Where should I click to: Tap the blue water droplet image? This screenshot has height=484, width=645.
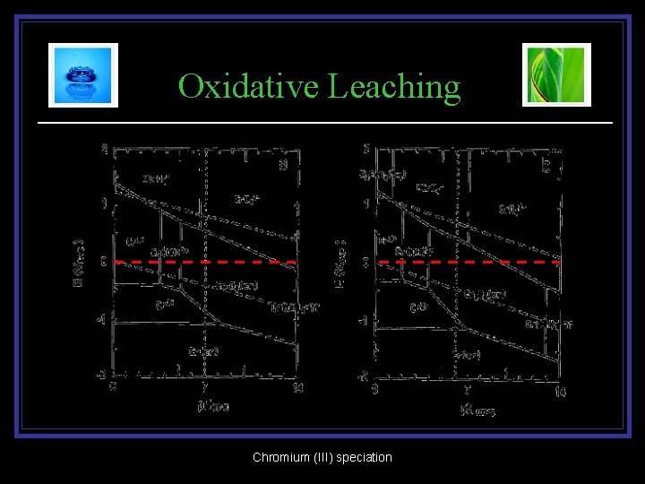pos(83,75)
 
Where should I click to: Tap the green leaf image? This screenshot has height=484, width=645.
pos(556,75)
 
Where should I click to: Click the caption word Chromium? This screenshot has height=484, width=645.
pos(281,458)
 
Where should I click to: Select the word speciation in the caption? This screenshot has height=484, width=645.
pos(363,458)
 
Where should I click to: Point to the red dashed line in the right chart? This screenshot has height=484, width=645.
pos(466,263)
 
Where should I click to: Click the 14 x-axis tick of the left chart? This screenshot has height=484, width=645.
pos(297,388)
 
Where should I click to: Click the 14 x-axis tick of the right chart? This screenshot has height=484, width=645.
pos(560,391)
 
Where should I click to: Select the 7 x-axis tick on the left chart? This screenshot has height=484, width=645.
pos(205,388)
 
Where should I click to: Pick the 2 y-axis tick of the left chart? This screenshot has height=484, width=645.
pos(104,149)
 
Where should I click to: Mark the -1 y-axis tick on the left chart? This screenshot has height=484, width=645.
pos(102,319)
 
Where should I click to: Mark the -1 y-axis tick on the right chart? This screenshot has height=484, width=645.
pos(365,320)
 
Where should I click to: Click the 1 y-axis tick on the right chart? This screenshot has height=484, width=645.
pos(366,204)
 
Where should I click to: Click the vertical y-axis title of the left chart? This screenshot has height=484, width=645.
pos(79,261)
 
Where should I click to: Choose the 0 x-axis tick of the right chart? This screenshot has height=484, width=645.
pos(374,391)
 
